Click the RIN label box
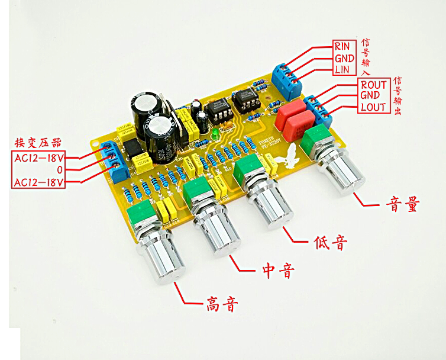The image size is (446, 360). pos(342,46)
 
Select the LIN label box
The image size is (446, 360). pos(342,70)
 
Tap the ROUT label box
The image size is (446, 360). pos(373,85)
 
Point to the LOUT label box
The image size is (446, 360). pos(373,107)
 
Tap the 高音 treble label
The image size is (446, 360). pos(222,305)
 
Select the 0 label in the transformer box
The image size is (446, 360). pos(38,170)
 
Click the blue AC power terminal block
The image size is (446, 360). pos(115,160)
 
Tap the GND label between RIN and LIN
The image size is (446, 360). pos(344,58)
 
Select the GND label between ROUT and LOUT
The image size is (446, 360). pos(373,96)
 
